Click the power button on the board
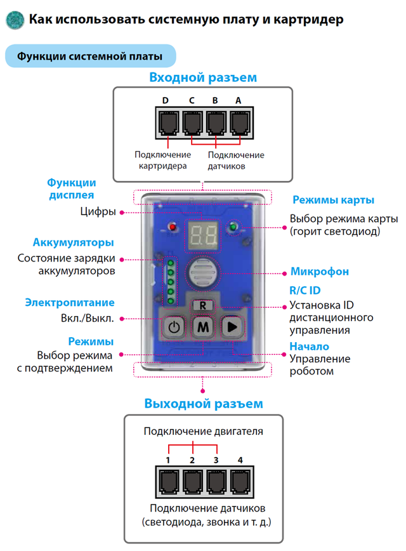coord(174,328)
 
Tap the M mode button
coord(203,327)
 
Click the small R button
coord(202,305)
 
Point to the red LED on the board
coord(173,227)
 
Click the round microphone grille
coord(203,273)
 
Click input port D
coord(169,123)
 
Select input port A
coord(240,123)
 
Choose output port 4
coord(240,482)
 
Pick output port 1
coord(169,482)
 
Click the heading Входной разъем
coord(203,77)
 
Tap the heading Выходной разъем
coord(204,404)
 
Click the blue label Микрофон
coord(320,271)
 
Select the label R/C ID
coord(305,290)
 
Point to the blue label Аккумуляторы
coord(74,242)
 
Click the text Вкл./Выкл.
coord(88,319)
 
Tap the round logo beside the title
coord(15,20)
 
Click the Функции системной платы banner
coord(90,56)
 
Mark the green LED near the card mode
coord(233,227)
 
